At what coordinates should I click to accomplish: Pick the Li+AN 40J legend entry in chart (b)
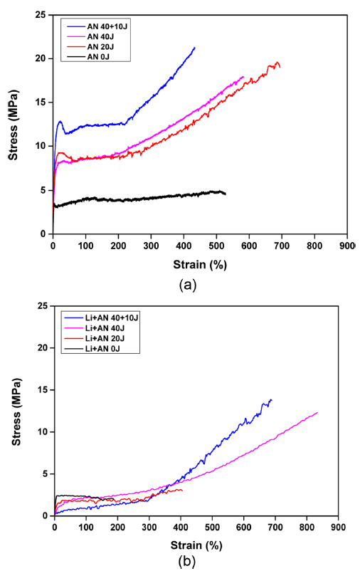(x=110, y=326)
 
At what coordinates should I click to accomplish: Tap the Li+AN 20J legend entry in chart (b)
(x=110, y=336)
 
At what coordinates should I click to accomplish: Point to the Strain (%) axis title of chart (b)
(x=187, y=545)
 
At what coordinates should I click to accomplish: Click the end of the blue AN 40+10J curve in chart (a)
(x=194, y=48)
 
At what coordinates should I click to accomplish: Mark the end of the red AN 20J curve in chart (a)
(x=280, y=67)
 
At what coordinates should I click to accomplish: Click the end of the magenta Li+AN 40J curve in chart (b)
(x=317, y=412)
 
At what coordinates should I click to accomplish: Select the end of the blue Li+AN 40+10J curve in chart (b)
(x=271, y=399)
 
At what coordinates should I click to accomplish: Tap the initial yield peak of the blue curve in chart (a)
(x=60, y=122)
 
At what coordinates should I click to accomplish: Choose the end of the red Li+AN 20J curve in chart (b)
(x=182, y=490)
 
